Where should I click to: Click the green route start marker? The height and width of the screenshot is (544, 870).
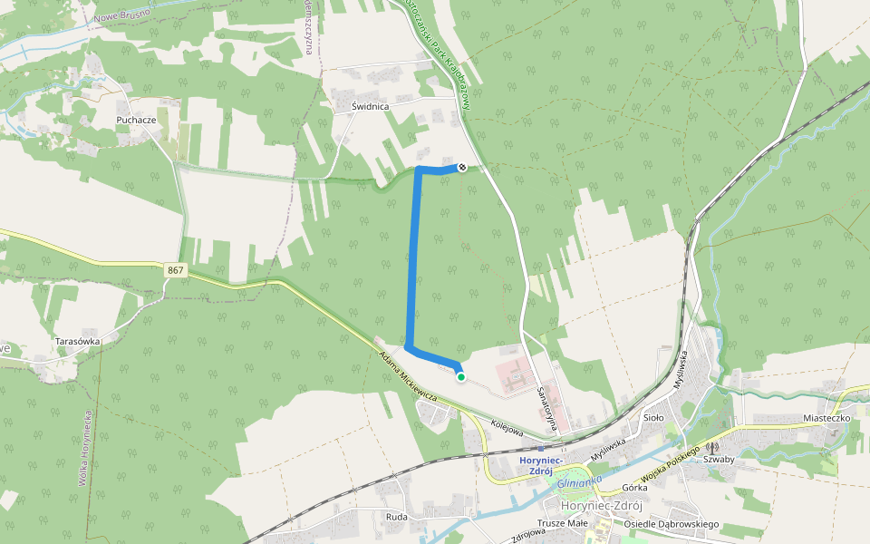tap(461, 377)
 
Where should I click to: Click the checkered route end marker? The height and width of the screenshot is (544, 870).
tap(462, 167)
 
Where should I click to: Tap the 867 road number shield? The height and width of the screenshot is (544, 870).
tap(176, 270)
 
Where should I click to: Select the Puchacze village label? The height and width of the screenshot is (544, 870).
tap(137, 120)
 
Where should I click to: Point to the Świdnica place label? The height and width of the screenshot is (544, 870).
tap(370, 106)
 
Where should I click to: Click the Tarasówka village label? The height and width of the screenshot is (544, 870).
tap(77, 341)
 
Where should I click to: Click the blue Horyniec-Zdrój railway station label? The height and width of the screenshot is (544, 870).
tap(542, 464)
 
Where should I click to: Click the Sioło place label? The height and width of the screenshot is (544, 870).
tap(653, 418)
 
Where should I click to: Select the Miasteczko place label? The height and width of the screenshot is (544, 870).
tap(826, 418)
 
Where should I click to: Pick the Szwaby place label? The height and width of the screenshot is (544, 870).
tap(718, 459)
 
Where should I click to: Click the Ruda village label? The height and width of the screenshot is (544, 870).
tap(396, 517)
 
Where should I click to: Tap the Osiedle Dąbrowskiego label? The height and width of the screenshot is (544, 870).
tap(672, 524)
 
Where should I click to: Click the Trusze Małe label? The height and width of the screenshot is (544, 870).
tap(564, 523)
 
